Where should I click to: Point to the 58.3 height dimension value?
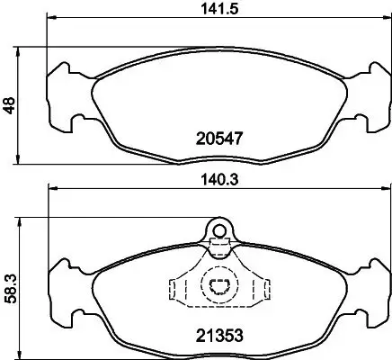12,283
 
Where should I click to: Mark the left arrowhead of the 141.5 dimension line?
51,19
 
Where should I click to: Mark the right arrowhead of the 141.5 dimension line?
379,19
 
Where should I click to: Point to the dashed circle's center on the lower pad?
218,287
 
